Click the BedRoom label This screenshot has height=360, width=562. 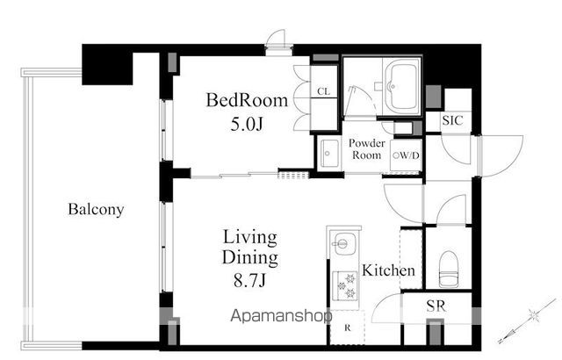pyautogui.click(x=247, y=100)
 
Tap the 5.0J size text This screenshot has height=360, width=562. pyautogui.click(x=247, y=124)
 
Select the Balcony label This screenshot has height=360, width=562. pyautogui.click(x=96, y=209)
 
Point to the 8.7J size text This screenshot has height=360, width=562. pyautogui.click(x=249, y=280)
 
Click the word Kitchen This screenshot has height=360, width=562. pyautogui.click(x=388, y=270)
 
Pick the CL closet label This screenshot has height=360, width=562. pyautogui.click(x=323, y=91)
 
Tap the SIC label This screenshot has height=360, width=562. pyautogui.click(x=452, y=120)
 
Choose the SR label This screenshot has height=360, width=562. pyautogui.click(x=436, y=306)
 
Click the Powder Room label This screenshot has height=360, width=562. pyautogui.click(x=367, y=149)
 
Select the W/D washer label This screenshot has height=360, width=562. pyautogui.click(x=406, y=155)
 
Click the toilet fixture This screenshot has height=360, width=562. pyautogui.click(x=449, y=269)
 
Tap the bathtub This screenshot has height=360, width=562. pyautogui.click(x=401, y=86)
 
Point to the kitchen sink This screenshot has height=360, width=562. pyautogui.click(x=343, y=244)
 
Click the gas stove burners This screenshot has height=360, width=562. pyautogui.click(x=344, y=285)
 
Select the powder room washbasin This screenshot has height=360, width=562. pyautogui.click(x=328, y=153)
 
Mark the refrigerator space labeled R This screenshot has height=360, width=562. pyautogui.click(x=347, y=328)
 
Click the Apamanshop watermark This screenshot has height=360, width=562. pyautogui.click(x=281, y=316)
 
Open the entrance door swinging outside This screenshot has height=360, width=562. pyautogui.click(x=501, y=155)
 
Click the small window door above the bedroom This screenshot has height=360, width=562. pyautogui.click(x=277, y=42)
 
